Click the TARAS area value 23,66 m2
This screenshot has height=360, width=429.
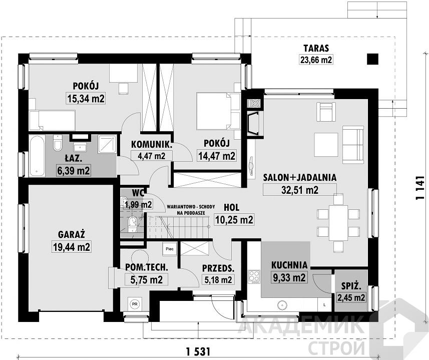click(x=316, y=60)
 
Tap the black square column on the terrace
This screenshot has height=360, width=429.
click(x=372, y=59)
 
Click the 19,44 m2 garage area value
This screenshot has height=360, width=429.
click(x=72, y=247)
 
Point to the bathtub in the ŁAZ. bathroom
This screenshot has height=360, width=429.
click(x=37, y=155)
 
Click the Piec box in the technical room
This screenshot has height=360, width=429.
click(x=170, y=249)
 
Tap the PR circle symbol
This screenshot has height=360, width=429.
click(x=134, y=303)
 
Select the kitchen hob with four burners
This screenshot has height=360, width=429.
click(x=254, y=276)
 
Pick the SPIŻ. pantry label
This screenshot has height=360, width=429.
click(x=351, y=286)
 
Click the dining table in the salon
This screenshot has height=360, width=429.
click(x=338, y=222)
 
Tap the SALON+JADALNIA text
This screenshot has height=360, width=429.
click(x=299, y=178)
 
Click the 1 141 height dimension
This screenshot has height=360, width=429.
click(x=420, y=188)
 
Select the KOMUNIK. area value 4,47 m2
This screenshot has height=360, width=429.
click(x=152, y=156)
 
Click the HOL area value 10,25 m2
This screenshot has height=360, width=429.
click(x=234, y=219)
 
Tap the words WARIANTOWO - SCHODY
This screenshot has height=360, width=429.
click(x=191, y=207)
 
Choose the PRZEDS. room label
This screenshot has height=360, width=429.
click(x=218, y=268)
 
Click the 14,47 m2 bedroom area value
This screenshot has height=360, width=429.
click(x=217, y=156)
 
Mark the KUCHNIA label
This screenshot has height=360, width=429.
click(x=289, y=265)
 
